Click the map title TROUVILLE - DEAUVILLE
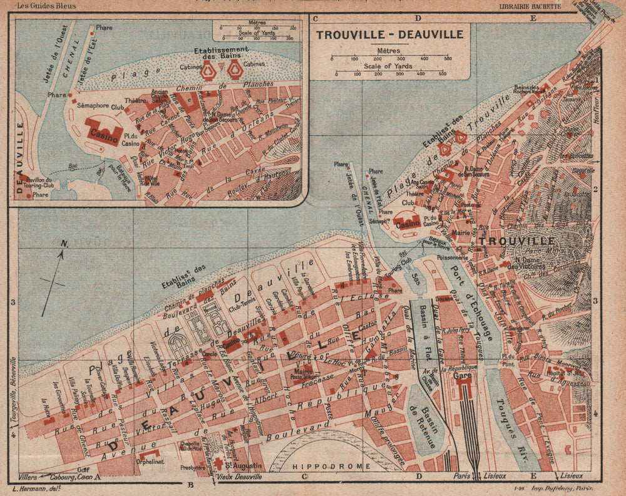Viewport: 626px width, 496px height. (x=389, y=35)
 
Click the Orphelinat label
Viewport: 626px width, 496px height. (x=150, y=464)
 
